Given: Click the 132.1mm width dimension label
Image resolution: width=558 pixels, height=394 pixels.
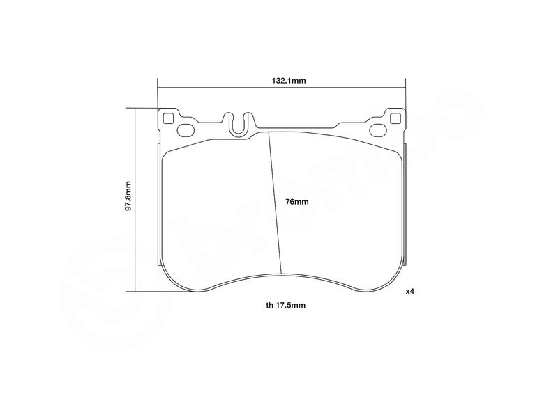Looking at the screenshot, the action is pyautogui.click(x=289, y=81).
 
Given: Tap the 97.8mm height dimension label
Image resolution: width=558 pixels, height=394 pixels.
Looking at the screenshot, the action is pyautogui.click(x=128, y=196).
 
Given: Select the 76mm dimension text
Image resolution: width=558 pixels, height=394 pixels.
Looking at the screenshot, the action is pyautogui.click(x=297, y=202).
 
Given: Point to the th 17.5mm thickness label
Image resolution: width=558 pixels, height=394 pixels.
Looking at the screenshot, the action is pyautogui.click(x=285, y=305).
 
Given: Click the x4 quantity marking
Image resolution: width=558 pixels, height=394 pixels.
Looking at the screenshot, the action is pyautogui.click(x=410, y=292).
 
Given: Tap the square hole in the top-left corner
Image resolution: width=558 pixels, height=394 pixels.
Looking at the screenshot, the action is pyautogui.click(x=167, y=118).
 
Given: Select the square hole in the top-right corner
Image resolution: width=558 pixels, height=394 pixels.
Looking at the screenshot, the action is pyautogui.click(x=395, y=118).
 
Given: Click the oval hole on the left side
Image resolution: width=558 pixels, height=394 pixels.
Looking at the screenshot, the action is pyautogui.click(x=186, y=130).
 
